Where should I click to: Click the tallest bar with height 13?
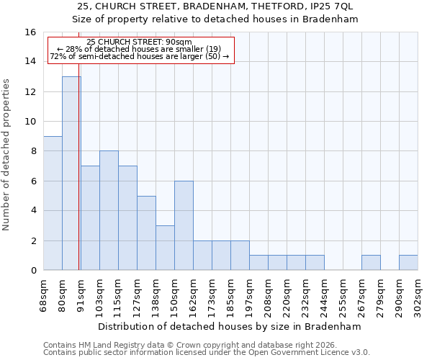pyautogui.click(x=71, y=173)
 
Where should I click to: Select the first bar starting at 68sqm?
pyautogui.click(x=53, y=203)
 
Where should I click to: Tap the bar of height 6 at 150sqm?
pyautogui.click(x=184, y=225)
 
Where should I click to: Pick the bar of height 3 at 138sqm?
pyautogui.click(x=165, y=248)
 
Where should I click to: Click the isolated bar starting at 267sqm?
pyautogui.click(x=371, y=263)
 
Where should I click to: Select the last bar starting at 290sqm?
pyautogui.click(x=408, y=263)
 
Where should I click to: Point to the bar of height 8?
pyautogui.click(x=109, y=210)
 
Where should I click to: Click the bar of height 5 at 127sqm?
pyautogui.click(x=146, y=233)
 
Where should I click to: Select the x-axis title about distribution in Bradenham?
pyautogui.click(x=230, y=326)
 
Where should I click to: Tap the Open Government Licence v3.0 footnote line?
pyautogui.click(x=207, y=352)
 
